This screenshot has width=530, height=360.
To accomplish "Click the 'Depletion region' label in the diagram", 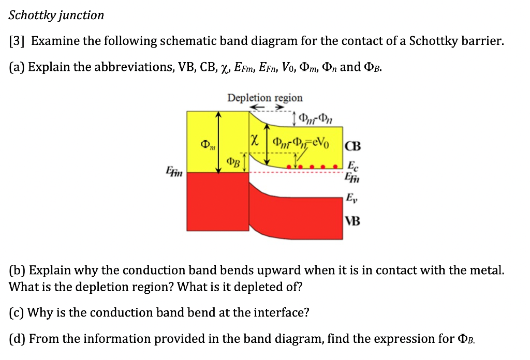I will pyautogui.click(x=265, y=98).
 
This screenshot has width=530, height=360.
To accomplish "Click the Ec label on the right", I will pyautogui.click(x=352, y=167).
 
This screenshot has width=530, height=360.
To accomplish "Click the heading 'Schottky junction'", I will pyautogui.click(x=56, y=15).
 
